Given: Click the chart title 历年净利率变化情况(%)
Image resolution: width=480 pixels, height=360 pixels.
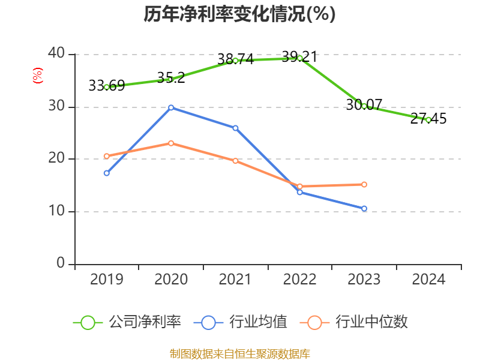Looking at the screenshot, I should coord(239,14).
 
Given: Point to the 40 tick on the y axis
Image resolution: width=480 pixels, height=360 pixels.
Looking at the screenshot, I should coord(56,53).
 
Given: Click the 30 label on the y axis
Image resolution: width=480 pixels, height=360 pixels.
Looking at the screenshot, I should coord(56,106).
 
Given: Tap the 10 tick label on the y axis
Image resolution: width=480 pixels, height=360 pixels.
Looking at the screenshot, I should coord(56,211).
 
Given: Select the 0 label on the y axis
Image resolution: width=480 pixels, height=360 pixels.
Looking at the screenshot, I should coord(61,263).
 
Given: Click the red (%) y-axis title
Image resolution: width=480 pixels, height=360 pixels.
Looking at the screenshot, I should coord(37,76).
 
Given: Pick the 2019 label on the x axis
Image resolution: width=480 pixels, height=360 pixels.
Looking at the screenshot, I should coord(106,280).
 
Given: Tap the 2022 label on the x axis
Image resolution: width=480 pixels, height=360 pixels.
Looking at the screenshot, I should coord(299,280).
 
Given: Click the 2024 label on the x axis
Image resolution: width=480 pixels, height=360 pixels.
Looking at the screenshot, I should coord(428,280).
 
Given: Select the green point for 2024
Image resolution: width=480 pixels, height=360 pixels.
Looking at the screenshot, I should coord(428,119).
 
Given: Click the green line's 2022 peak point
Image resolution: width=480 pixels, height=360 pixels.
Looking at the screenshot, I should coord(299,58).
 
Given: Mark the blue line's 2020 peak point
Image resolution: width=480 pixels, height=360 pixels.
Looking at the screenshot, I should coord(171,107).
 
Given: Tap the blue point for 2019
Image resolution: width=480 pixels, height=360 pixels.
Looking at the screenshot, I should coord(106,173).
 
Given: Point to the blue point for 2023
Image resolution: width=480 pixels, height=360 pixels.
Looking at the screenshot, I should coord(364,208).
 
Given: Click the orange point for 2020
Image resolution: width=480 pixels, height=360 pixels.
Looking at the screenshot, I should coord(171,143).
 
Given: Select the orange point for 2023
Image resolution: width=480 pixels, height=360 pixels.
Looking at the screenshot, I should coord(364,184).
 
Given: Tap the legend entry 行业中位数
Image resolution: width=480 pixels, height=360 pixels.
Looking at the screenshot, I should coord(357,322).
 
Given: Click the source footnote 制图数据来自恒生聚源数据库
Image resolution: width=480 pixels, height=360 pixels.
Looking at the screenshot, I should coord(239,353).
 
